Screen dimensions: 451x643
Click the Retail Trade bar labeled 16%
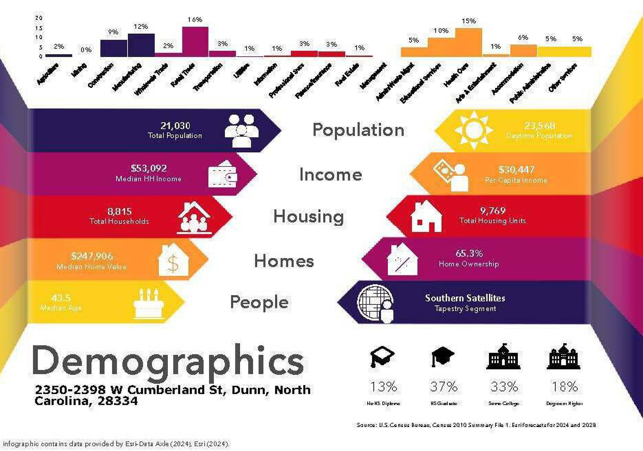click(195, 42)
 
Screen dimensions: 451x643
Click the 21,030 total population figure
click(175, 126)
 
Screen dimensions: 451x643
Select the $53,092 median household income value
click(149, 168)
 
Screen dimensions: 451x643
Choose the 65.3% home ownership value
click(469, 253)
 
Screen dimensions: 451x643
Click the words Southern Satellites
click(465, 298)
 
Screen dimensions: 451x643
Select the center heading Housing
click(308, 217)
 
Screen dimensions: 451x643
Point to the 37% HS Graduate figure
click(444, 387)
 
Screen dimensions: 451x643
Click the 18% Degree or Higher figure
click(564, 387)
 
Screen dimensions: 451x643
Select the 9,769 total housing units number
click(493, 211)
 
